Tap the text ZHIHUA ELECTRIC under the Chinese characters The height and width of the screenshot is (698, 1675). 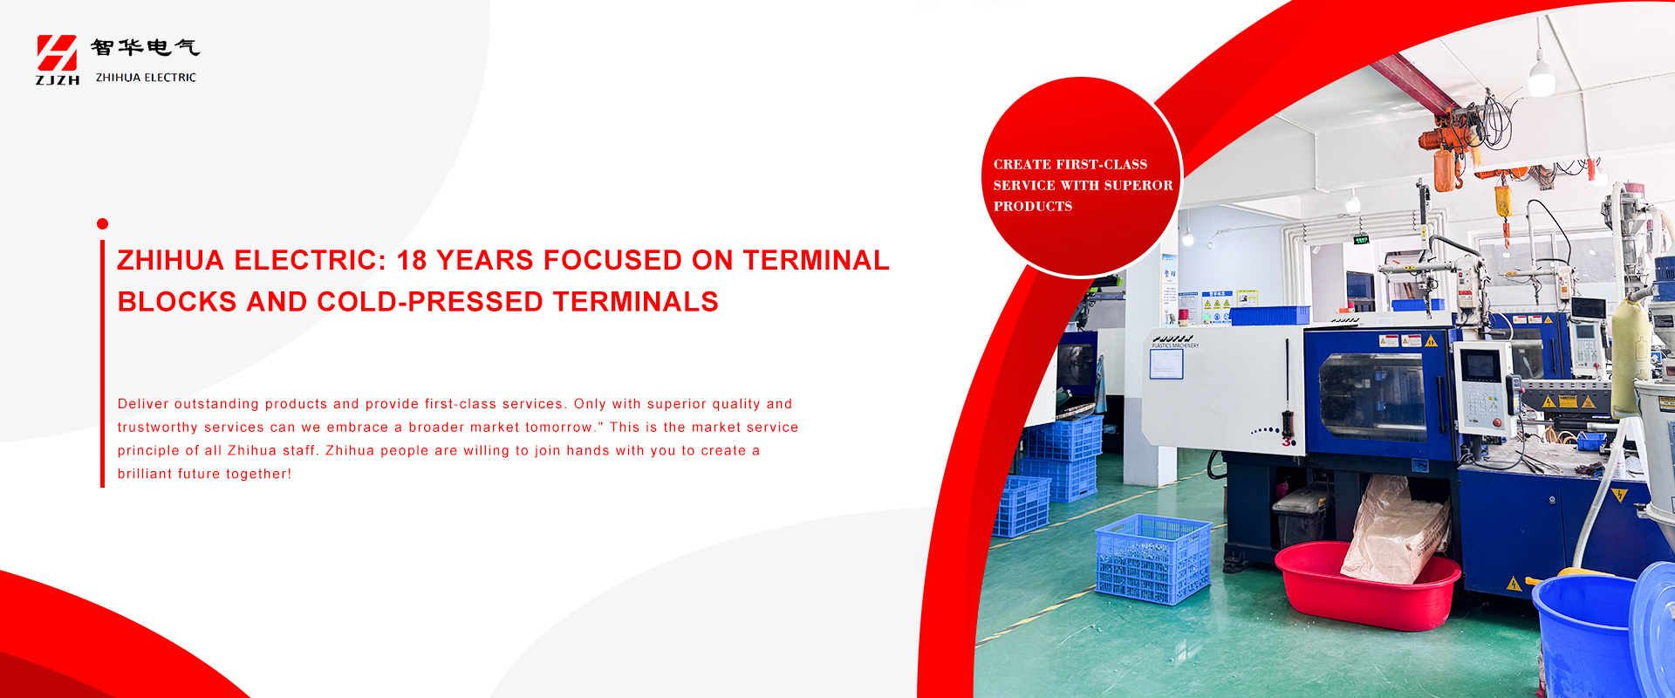click(146, 78)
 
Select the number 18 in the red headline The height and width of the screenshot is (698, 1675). click(413, 260)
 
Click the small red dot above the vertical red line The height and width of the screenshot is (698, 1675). click(102, 224)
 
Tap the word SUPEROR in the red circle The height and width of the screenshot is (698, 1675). click(1138, 185)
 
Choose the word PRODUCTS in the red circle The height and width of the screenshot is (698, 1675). click(1033, 206)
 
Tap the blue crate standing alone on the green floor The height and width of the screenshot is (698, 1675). click(1153, 559)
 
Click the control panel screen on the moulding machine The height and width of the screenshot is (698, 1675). click(1480, 365)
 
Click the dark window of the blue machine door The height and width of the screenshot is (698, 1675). click(1371, 397)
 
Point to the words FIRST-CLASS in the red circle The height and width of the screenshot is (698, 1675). click(1101, 164)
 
